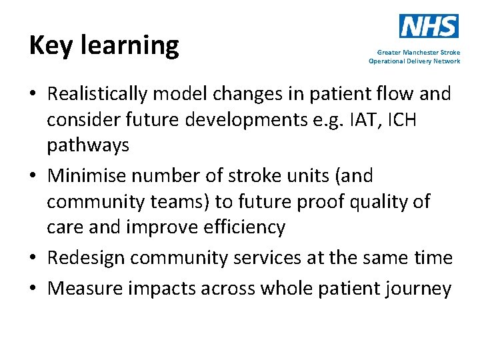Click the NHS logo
[429, 26]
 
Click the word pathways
[87, 146]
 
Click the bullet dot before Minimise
[34, 177]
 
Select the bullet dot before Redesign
[34, 258]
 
